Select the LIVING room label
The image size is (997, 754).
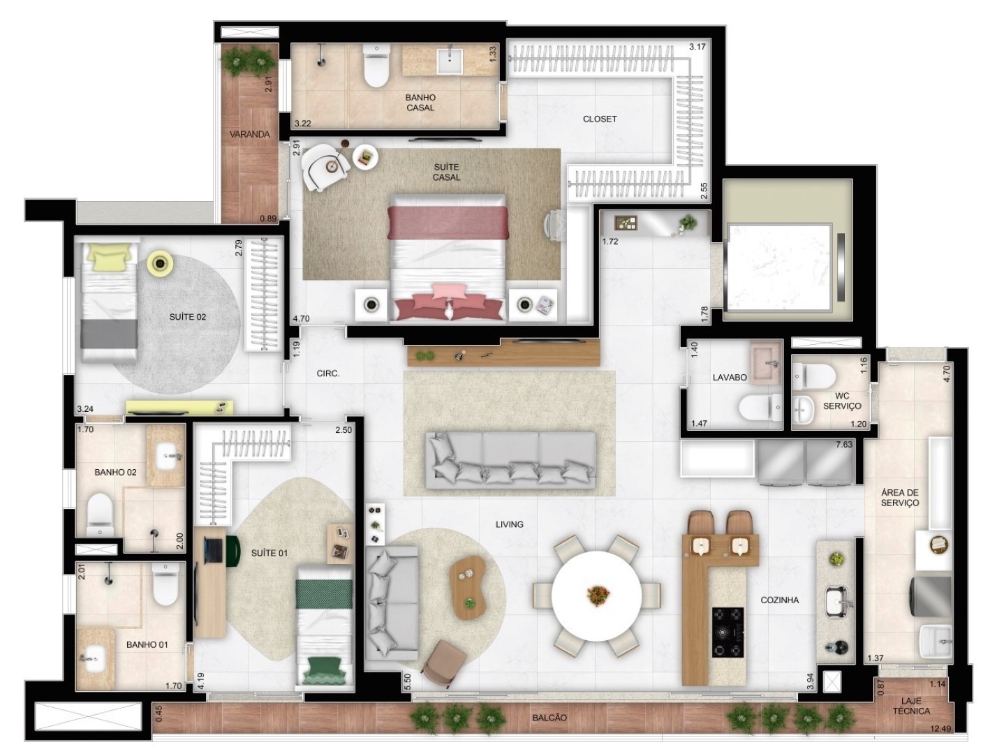(509, 524)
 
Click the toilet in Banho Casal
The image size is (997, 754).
(376, 66)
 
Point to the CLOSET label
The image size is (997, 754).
(600, 119)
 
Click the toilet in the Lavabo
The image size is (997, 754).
(760, 406)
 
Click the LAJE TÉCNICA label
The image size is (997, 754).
(911, 707)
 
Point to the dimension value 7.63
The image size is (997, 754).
(844, 445)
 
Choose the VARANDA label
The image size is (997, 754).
(249, 135)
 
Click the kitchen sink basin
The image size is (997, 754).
(836, 601)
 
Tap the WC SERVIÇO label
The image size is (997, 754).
(842, 401)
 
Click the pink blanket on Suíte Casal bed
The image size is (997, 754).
(448, 222)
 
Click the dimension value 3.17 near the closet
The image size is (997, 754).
(697, 46)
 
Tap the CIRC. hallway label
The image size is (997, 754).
(328, 374)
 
